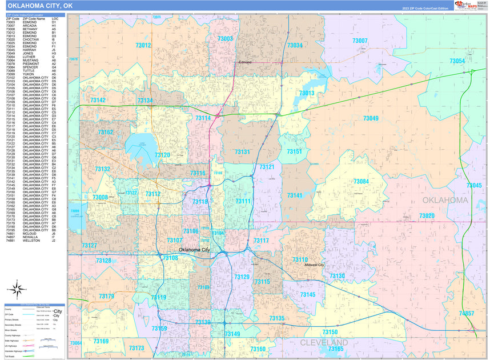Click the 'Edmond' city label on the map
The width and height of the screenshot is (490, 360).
click(244, 62)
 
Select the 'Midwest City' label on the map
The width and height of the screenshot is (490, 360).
click(314, 265)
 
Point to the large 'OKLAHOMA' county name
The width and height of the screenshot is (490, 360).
click(445, 201)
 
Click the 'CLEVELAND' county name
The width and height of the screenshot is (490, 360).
click(324, 342)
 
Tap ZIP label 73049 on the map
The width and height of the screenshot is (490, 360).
click(370, 118)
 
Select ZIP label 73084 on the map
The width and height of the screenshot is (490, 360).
click(360, 181)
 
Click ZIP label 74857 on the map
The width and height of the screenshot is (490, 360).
click(466, 314)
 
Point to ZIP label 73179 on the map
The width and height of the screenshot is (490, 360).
click(106, 297)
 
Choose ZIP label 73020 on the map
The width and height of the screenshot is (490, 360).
click(427, 215)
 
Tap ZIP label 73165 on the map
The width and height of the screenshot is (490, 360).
click(336, 349)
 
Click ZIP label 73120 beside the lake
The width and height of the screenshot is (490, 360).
click(162, 155)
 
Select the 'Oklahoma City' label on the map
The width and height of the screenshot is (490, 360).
click(194, 250)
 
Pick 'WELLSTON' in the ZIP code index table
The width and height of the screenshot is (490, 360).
click(32, 241)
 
